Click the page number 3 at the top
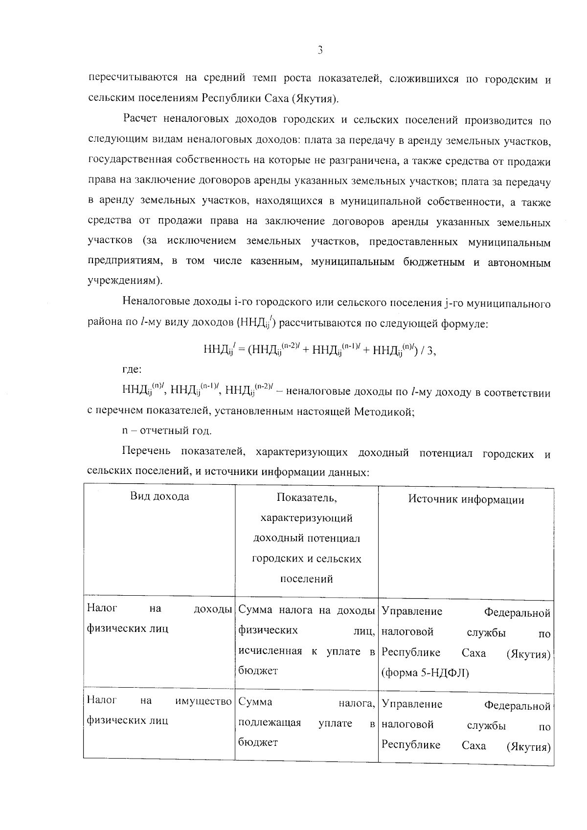coord(320,50)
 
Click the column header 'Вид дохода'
coord(159,496)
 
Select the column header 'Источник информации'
coord(466,499)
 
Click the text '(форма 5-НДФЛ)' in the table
coord(425,673)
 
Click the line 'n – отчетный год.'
coord(167,431)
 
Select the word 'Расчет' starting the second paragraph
coord(139,119)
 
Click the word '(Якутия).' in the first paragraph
coord(315,98)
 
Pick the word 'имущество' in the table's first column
coord(203,701)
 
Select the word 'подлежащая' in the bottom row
coord(269,723)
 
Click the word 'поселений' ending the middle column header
coord(307,579)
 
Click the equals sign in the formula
coord(241,350)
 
